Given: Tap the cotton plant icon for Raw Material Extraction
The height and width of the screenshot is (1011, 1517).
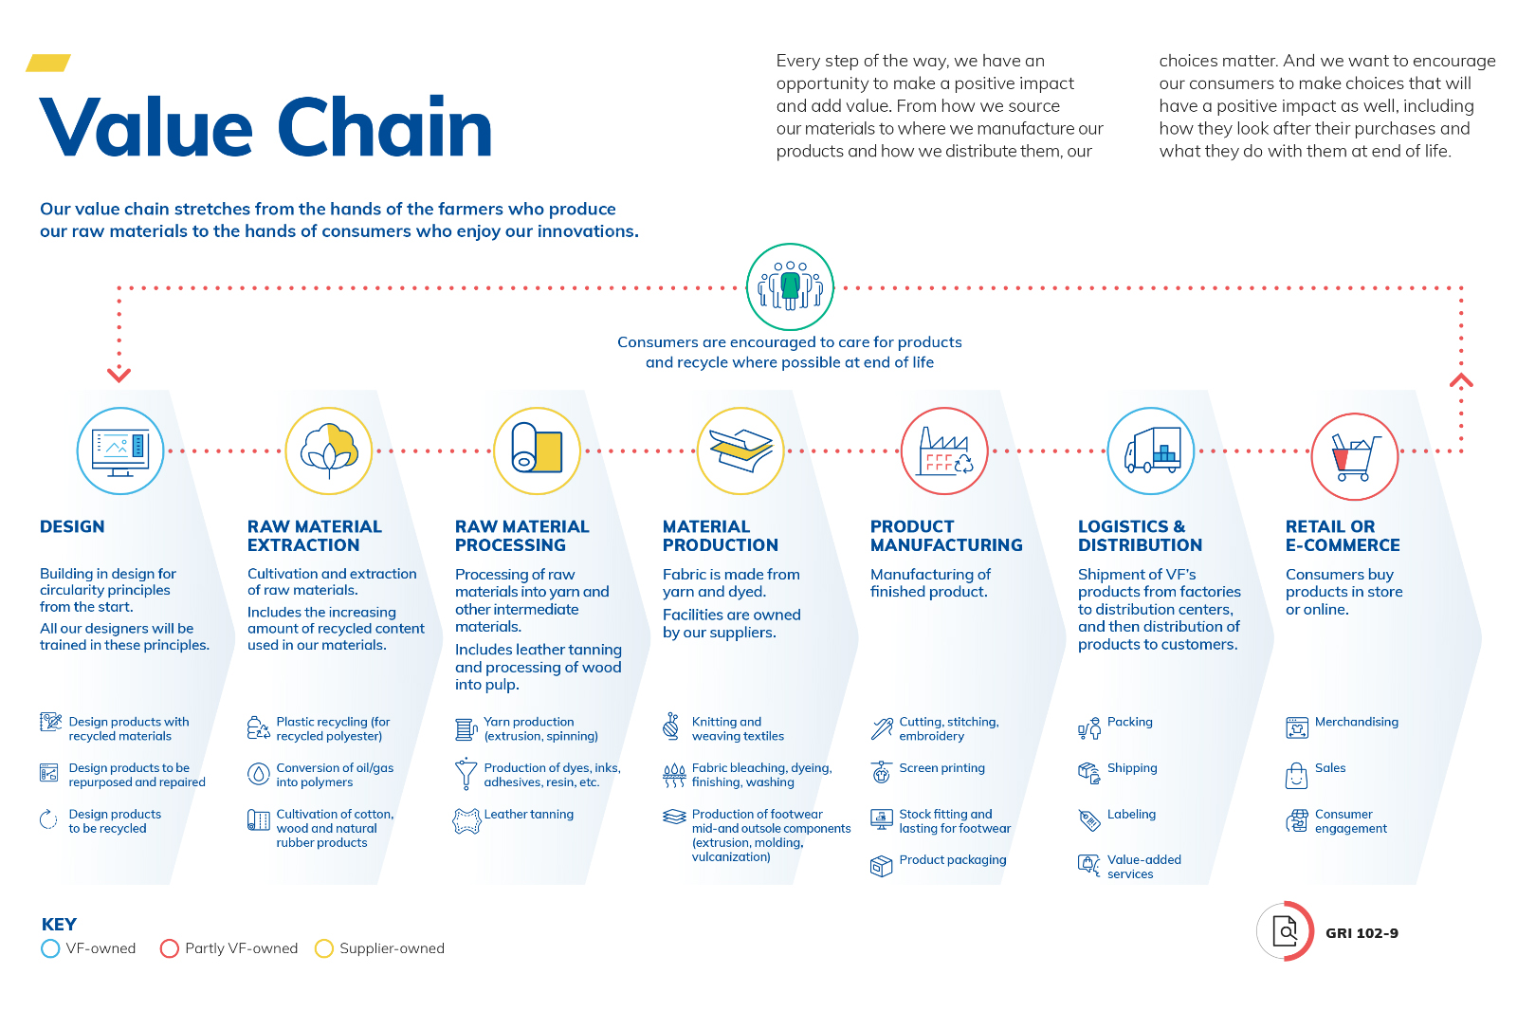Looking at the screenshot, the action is (x=329, y=450).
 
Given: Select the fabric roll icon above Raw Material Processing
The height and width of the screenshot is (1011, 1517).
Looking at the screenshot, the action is (x=537, y=448).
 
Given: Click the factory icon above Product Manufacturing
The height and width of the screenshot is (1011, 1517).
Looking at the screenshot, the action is (x=945, y=451).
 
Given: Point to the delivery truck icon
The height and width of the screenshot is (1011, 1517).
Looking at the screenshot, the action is (x=1152, y=450).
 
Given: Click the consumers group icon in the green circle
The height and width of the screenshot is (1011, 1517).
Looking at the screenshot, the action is (x=790, y=286).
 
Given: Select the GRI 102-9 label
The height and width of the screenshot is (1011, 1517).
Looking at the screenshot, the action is (x=1362, y=933).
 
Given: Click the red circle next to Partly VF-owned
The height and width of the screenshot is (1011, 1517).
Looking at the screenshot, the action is (x=169, y=948).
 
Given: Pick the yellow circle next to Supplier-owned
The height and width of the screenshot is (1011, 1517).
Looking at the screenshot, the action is (x=323, y=948).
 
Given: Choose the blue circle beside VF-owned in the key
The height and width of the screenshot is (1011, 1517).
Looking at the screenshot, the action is (x=50, y=948).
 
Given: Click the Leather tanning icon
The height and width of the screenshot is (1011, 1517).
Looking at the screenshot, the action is (x=466, y=820).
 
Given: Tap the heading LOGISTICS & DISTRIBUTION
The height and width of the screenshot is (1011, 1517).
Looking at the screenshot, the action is (x=1140, y=536).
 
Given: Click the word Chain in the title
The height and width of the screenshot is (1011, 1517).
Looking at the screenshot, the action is (x=384, y=127).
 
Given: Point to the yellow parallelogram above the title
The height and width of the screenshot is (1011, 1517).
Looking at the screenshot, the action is (x=48, y=63).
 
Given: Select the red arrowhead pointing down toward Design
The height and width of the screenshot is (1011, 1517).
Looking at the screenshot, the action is (x=119, y=375).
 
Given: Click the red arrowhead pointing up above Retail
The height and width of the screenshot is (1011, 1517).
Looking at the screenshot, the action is (x=1461, y=381).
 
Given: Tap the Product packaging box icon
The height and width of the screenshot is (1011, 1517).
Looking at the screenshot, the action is (x=881, y=866).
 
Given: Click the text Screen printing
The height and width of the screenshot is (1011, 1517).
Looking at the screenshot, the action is (x=942, y=768).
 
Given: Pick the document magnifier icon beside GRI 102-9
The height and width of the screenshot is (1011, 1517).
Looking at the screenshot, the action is (x=1285, y=931).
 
